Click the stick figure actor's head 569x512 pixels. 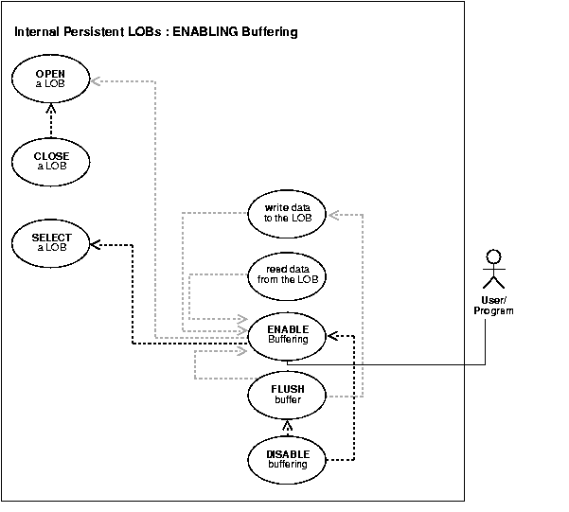(x=490, y=256)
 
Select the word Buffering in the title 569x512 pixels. (x=269, y=32)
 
